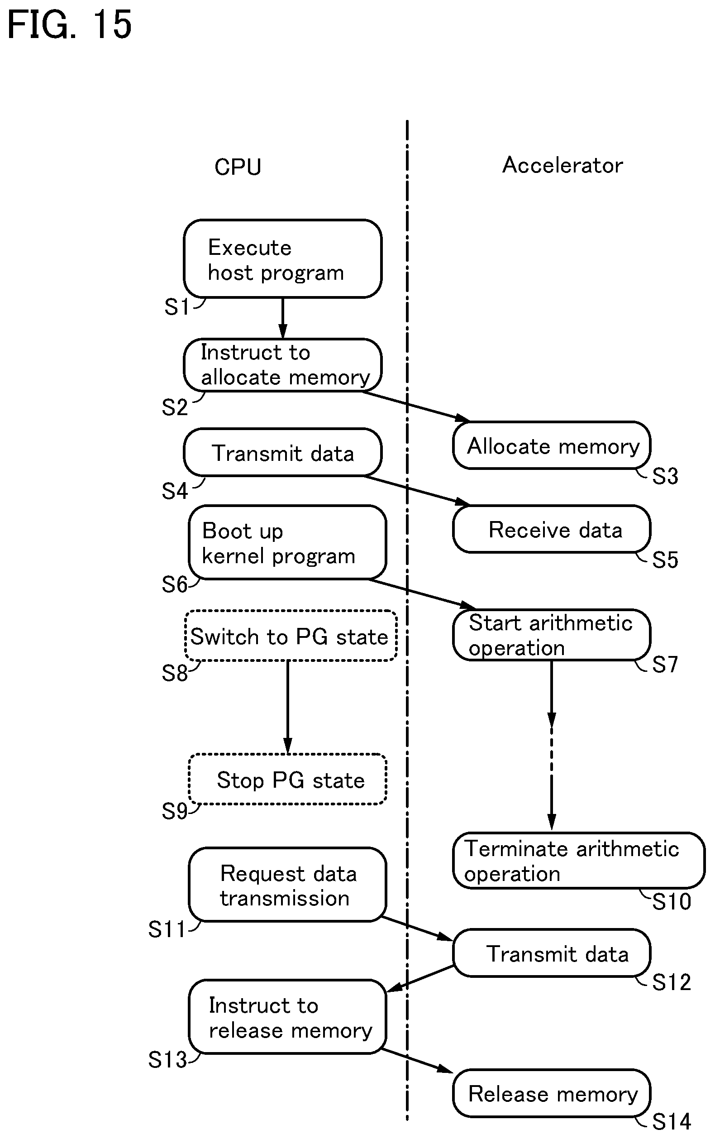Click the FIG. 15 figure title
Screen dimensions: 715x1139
(x=70, y=24)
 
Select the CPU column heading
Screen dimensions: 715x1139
(x=238, y=167)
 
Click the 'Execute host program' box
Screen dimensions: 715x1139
(x=282, y=259)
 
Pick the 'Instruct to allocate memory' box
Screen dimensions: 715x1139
(x=282, y=365)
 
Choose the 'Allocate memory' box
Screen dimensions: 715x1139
(x=551, y=445)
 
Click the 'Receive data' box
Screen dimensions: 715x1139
(x=551, y=529)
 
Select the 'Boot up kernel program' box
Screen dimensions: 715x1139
(x=287, y=542)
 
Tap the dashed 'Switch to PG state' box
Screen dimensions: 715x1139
(x=291, y=635)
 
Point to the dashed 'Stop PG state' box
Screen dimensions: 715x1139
(x=287, y=779)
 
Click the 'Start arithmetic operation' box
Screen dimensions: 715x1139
(x=551, y=635)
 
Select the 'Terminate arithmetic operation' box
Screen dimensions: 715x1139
(x=579, y=861)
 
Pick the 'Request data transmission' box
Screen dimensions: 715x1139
(x=287, y=885)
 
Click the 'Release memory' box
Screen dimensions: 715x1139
(x=551, y=1094)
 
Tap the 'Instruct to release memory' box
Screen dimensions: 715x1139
(x=287, y=1016)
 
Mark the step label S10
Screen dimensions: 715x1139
(x=672, y=901)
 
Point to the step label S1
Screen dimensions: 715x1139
(x=176, y=307)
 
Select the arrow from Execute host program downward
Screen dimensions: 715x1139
(x=283, y=318)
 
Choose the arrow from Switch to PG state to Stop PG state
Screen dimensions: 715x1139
(x=288, y=707)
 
